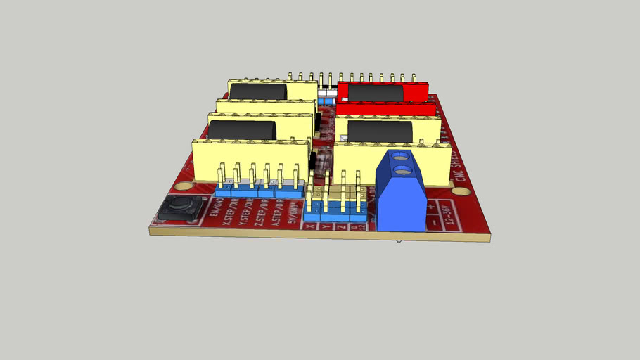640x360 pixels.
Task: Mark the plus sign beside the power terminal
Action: (449, 207)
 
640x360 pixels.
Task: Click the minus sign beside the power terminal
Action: (435, 223)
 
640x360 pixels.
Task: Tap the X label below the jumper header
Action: (311, 226)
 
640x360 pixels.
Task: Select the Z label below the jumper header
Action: (341, 226)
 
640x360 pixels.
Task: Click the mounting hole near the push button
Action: (184, 187)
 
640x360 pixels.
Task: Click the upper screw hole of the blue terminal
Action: (400, 156)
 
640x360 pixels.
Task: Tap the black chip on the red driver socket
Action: (376, 93)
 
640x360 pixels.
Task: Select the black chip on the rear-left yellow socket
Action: (258, 91)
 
